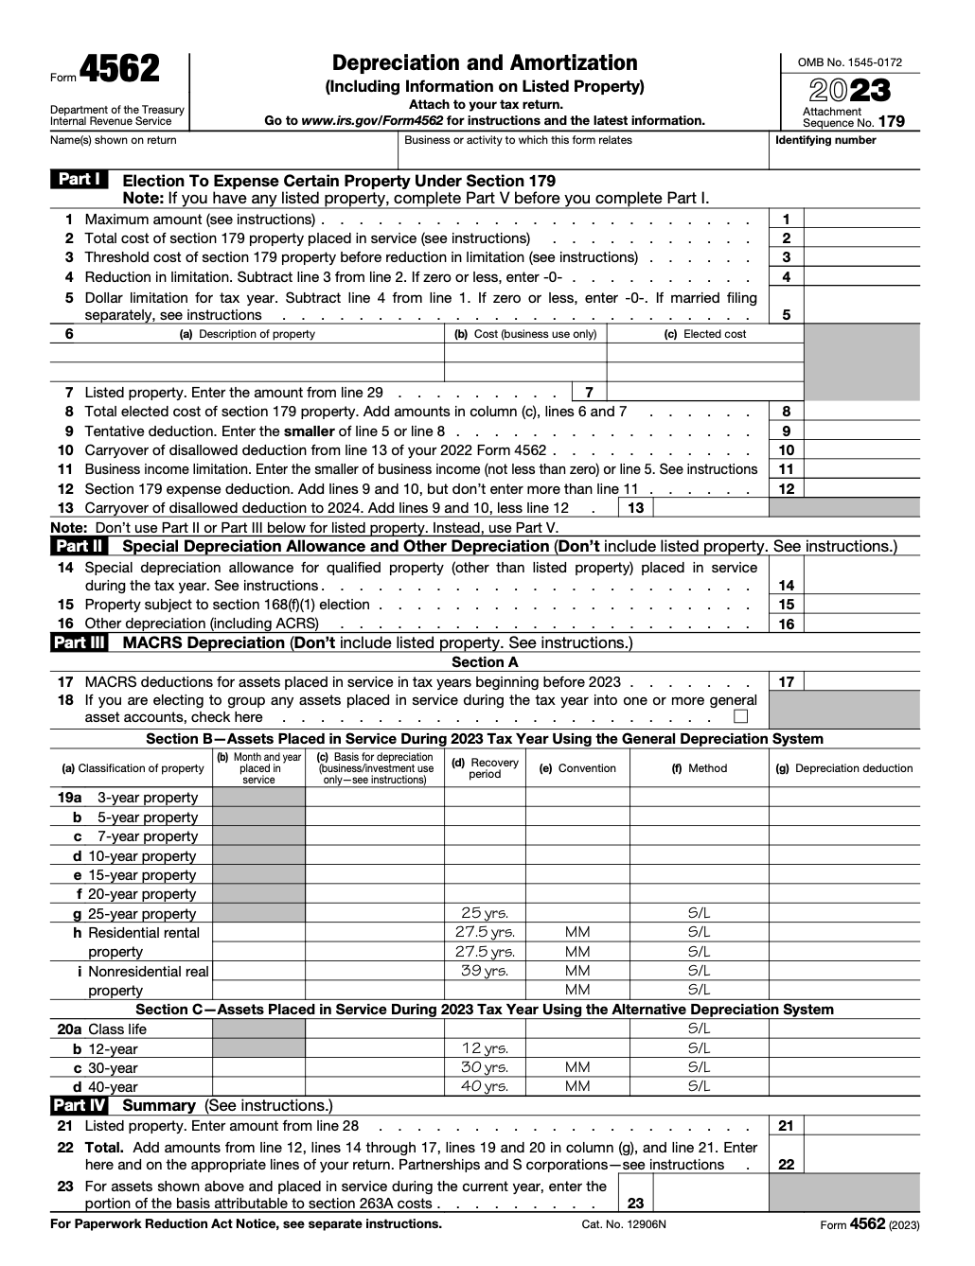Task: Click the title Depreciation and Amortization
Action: click(x=485, y=63)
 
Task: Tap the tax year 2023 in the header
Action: click(x=850, y=91)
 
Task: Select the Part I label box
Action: click(x=80, y=180)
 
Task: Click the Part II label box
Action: click(x=80, y=546)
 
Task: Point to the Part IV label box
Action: click(x=80, y=1105)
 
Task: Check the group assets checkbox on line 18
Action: click(x=740, y=716)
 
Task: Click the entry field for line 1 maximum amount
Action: click(x=860, y=220)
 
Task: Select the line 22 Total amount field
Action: click(x=860, y=1165)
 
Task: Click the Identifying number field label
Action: click(x=825, y=140)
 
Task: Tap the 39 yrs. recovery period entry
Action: click(x=485, y=971)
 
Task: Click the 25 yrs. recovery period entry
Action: click(x=485, y=913)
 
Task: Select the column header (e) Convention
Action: click(x=577, y=768)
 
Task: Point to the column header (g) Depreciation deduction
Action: click(x=843, y=768)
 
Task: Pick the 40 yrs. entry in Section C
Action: click(x=485, y=1086)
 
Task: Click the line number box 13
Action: click(x=636, y=508)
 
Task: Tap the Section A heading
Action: click(x=485, y=662)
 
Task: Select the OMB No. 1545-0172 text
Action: click(x=849, y=62)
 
